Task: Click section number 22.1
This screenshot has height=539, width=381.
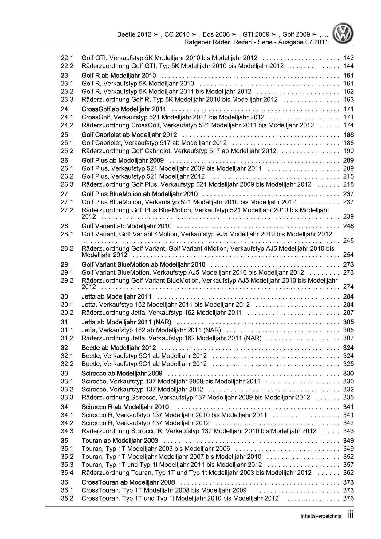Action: (x=67, y=58)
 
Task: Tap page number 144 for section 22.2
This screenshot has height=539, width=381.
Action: (x=348, y=66)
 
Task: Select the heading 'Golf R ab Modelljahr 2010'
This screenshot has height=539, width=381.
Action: (x=119, y=76)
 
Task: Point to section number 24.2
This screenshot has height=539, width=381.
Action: (x=67, y=125)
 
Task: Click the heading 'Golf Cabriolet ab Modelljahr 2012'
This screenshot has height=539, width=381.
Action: (x=129, y=135)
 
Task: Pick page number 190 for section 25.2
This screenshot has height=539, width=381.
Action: (x=348, y=151)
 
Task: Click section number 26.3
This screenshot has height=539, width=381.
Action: (x=67, y=184)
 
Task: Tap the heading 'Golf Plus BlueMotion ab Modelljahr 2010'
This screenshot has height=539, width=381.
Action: (x=139, y=194)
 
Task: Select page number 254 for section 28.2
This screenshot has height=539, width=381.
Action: (x=348, y=255)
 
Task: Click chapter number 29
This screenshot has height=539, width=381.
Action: (x=64, y=264)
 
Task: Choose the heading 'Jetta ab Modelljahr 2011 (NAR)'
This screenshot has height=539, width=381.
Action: (x=126, y=322)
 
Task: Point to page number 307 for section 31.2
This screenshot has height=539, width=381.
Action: (x=348, y=338)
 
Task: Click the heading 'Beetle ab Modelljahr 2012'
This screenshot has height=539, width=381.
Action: (x=119, y=348)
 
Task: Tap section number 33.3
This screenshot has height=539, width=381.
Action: (x=67, y=397)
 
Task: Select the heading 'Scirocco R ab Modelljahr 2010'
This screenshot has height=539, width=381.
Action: (x=125, y=407)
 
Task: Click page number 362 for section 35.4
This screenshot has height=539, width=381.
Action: (x=348, y=473)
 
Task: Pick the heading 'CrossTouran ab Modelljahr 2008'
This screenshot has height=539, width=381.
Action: (x=128, y=482)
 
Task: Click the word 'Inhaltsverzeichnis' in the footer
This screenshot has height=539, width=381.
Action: (x=321, y=516)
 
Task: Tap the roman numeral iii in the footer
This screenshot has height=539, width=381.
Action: (x=350, y=515)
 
